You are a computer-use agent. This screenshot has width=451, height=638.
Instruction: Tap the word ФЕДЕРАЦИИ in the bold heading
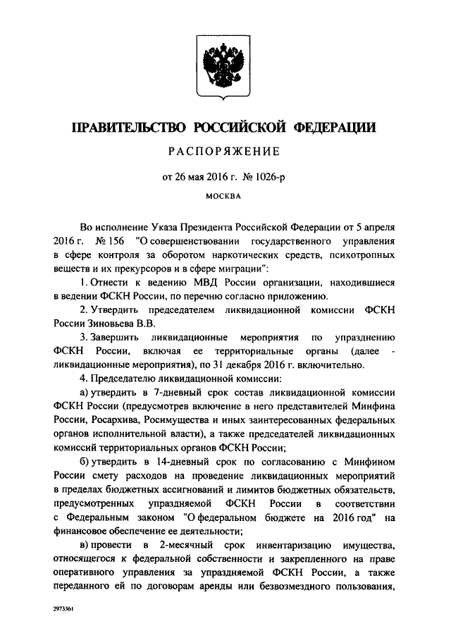point(332,128)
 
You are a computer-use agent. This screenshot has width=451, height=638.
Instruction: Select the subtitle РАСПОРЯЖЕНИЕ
point(225,152)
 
